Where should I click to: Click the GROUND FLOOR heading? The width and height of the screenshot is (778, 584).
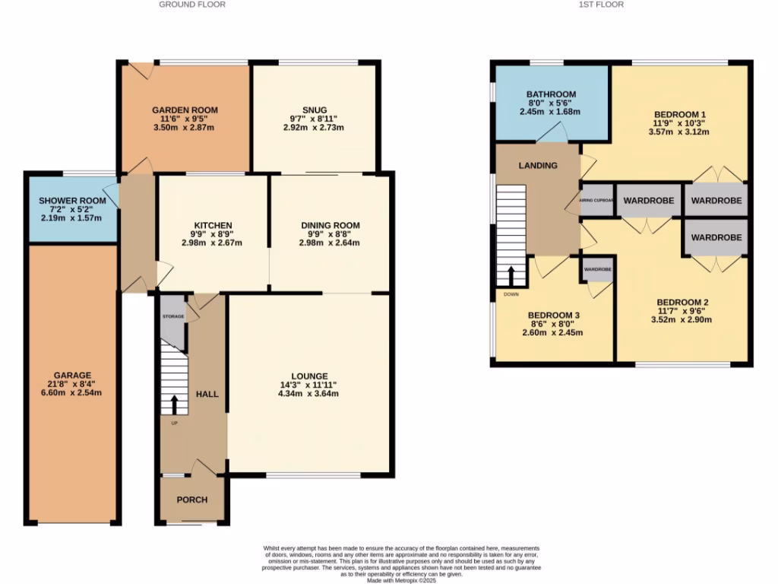191,5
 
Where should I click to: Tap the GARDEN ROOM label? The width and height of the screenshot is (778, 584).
184,110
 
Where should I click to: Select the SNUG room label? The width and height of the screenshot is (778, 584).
313,109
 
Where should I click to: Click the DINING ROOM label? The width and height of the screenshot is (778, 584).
330,226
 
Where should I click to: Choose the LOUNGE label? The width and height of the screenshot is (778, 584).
308,376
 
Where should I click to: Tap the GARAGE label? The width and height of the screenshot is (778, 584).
72,376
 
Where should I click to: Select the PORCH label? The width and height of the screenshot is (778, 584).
191,500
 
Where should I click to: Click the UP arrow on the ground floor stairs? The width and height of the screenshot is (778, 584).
174,405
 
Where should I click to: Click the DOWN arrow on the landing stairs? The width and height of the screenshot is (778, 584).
511,275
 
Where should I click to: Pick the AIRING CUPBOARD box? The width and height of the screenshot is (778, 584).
596,201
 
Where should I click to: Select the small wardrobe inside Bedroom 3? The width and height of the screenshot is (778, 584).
597,269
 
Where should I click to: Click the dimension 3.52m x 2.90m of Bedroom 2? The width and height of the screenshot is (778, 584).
682,319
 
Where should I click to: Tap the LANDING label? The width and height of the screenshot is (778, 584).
538,166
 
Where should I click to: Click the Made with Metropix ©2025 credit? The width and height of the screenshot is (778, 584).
401,580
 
